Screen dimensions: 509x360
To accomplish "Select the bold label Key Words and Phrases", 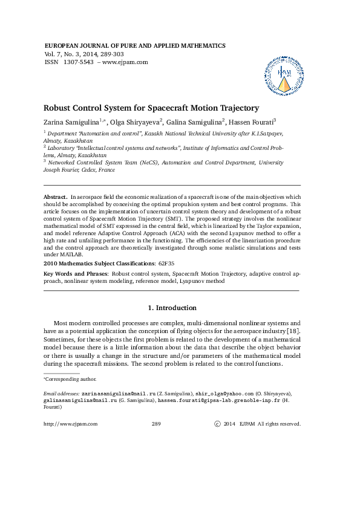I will pos(73,274).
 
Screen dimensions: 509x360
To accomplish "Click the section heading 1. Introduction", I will pos(172,308).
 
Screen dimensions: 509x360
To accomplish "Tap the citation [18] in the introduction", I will pos(293,332).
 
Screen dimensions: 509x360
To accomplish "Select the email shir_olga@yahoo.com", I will pos(229,393).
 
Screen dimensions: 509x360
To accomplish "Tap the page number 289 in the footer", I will pos(155,424).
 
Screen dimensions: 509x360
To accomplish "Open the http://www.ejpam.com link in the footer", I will pos(71,424).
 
